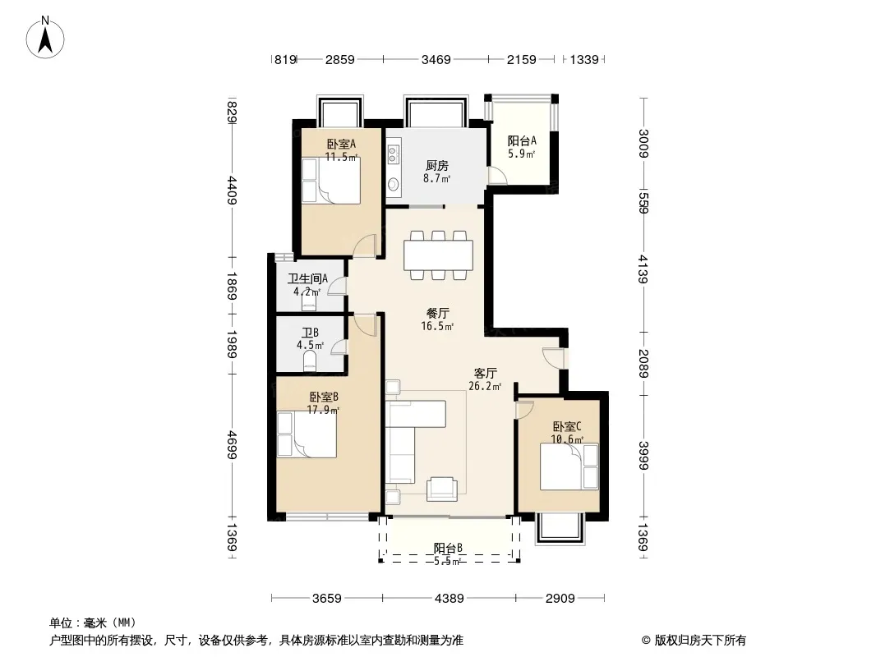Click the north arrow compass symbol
tap(45, 38)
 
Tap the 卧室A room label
tap(341, 144)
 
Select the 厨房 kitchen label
tap(437, 166)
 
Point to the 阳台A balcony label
tap(522, 140)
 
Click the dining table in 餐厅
tap(439, 255)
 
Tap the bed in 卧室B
tap(307, 434)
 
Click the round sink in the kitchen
tap(394, 184)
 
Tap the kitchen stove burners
tap(393, 154)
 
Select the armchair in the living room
tap(441, 489)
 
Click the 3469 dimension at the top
tap(436, 59)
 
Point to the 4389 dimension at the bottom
tap(450, 599)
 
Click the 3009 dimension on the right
tap(643, 144)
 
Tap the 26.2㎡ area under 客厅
tap(485, 386)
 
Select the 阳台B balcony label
tap(448, 548)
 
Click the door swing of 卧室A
tap(366, 246)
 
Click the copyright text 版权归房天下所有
tap(700, 641)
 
